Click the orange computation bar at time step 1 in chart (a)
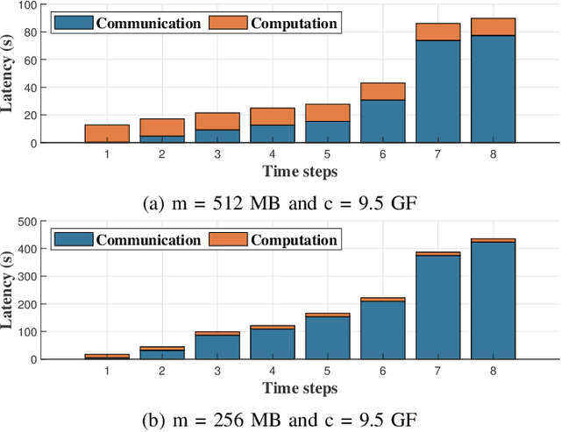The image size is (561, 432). pyautogui.click(x=107, y=133)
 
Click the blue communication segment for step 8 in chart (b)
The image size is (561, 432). pyautogui.click(x=493, y=301)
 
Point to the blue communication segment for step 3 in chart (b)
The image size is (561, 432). pyautogui.click(x=217, y=347)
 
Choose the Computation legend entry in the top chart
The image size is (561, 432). pyautogui.click(x=273, y=22)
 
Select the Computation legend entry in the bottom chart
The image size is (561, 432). pyautogui.click(x=273, y=239)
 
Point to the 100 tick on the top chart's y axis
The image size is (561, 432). pyautogui.click(x=27, y=6)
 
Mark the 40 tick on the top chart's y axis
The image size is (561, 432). pyautogui.click(x=31, y=88)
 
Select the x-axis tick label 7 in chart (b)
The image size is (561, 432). pyautogui.click(x=437, y=372)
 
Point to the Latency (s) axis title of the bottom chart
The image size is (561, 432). pyautogui.click(x=8, y=292)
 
